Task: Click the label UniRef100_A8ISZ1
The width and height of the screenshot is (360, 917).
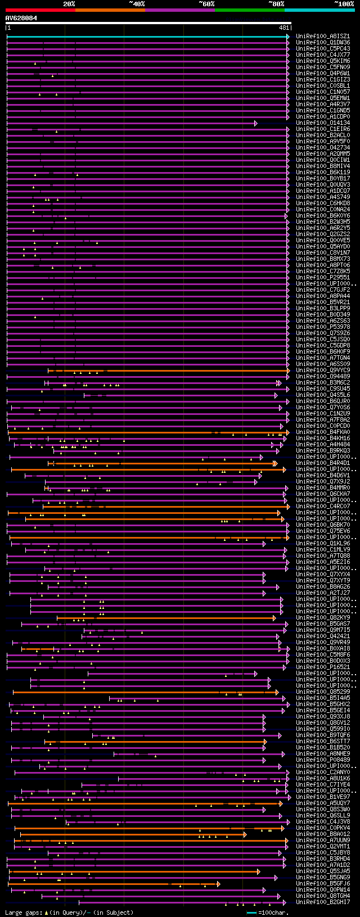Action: (x=322, y=37)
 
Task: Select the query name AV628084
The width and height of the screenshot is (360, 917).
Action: (x=21, y=18)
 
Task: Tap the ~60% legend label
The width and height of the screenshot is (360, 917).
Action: (x=206, y=4)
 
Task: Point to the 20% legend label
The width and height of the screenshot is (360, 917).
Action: (x=69, y=4)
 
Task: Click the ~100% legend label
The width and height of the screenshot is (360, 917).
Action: (x=344, y=4)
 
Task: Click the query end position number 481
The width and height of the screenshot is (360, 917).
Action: (x=284, y=28)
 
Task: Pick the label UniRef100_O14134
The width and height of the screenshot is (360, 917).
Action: (x=322, y=123)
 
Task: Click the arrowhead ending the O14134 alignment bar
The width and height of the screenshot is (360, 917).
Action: (x=256, y=123)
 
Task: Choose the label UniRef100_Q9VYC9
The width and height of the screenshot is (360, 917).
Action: (x=322, y=371)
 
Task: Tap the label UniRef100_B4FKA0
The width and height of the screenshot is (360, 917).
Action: (x=322, y=432)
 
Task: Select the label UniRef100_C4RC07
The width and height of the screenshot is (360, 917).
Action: (x=322, y=507)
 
